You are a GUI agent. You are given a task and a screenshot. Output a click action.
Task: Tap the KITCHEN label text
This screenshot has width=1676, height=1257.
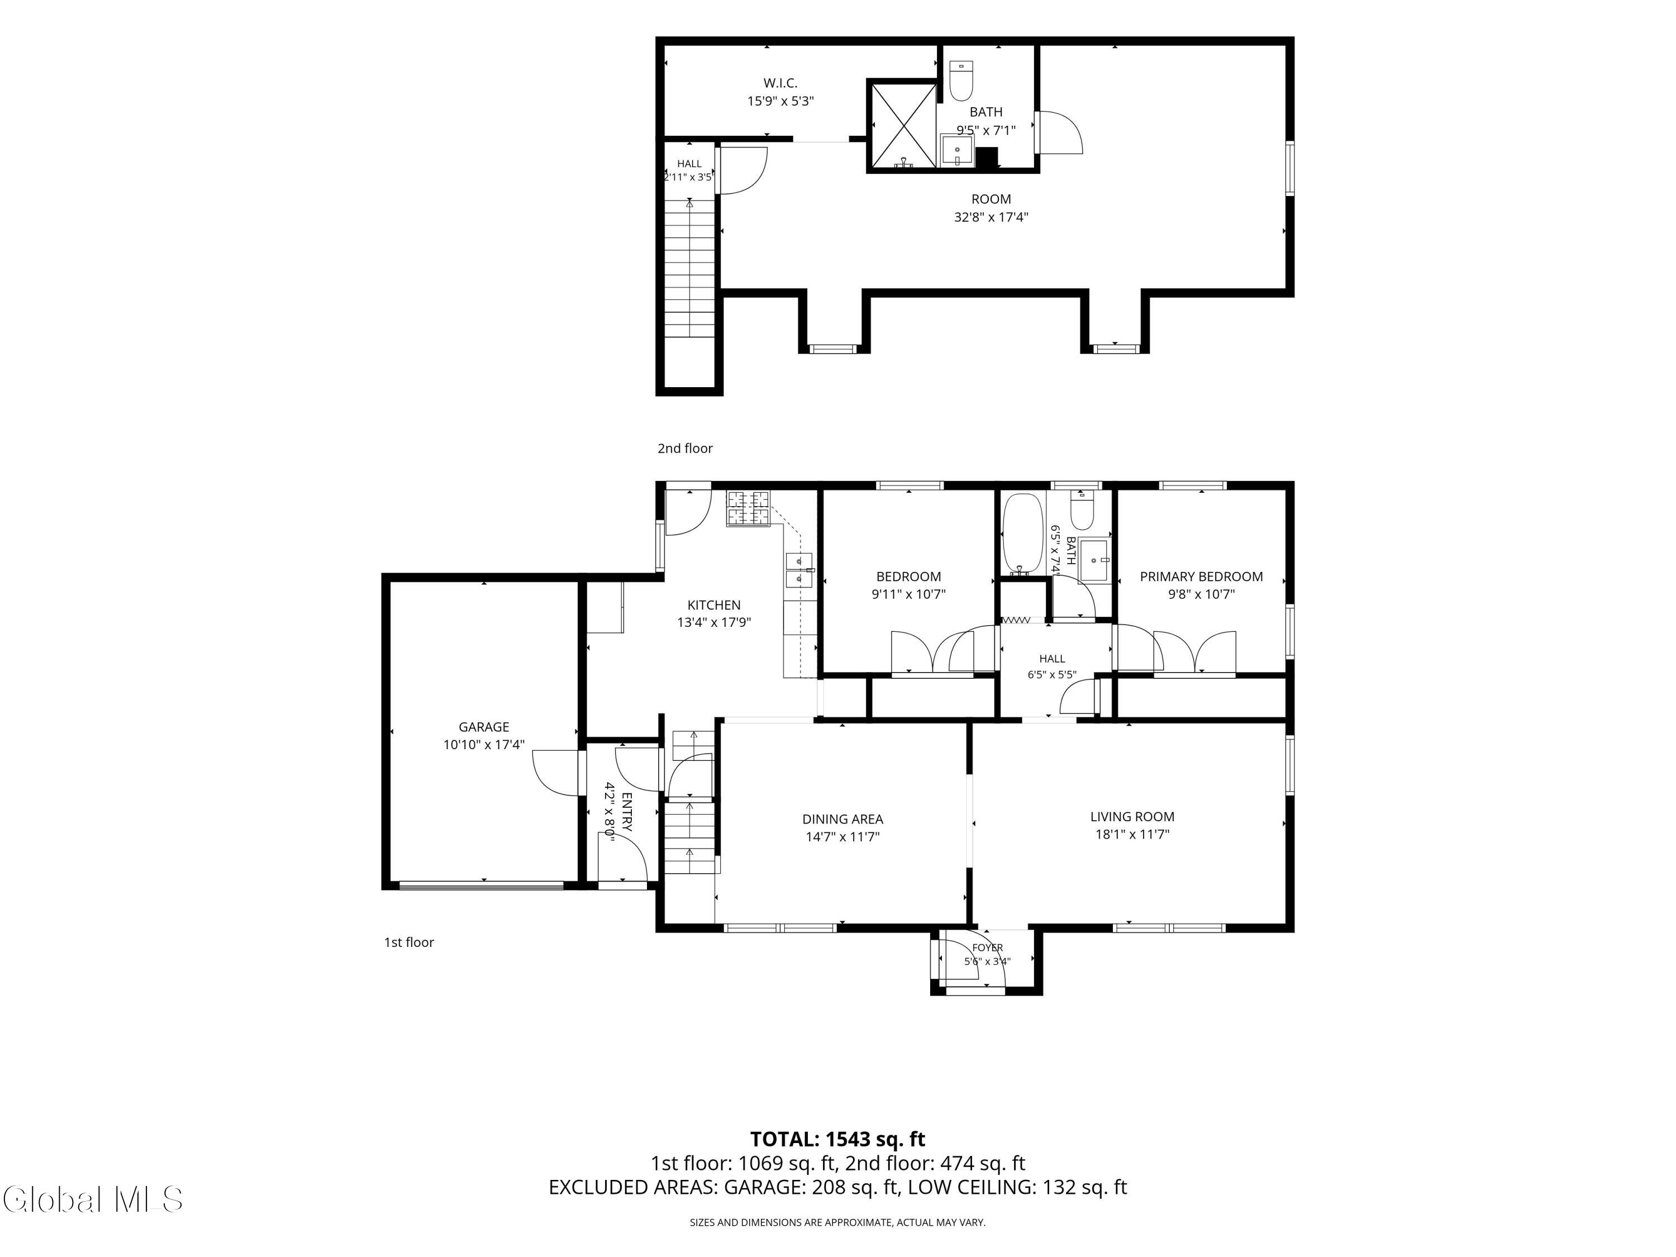[x=714, y=604]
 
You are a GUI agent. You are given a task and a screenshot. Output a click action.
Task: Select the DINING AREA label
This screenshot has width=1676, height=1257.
[x=842, y=819]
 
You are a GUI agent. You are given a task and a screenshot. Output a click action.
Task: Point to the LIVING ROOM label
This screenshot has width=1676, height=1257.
[x=1132, y=817]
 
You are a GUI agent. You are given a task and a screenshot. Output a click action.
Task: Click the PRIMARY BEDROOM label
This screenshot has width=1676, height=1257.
[x=1201, y=577]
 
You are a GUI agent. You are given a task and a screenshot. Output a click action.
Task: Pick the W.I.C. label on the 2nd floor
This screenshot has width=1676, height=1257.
[x=780, y=83]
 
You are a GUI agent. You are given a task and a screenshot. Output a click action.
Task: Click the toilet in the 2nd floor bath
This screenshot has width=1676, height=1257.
[x=961, y=81]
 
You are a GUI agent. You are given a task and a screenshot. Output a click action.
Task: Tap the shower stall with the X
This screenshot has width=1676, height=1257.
[x=902, y=125]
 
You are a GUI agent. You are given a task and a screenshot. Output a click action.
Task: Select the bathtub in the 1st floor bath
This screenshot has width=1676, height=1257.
[x=1023, y=534]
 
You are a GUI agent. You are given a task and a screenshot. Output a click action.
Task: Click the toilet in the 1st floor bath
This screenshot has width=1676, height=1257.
[x=1082, y=511]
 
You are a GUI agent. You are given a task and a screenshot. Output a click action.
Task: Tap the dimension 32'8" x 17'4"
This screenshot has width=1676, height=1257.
[x=991, y=217]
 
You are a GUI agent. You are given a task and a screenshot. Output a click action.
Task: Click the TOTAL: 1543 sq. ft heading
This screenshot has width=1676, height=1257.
[x=837, y=1139]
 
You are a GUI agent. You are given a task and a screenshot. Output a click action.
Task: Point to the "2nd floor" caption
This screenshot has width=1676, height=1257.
[x=685, y=448]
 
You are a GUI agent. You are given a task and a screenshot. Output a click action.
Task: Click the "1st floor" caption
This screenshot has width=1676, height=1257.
[x=408, y=942]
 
